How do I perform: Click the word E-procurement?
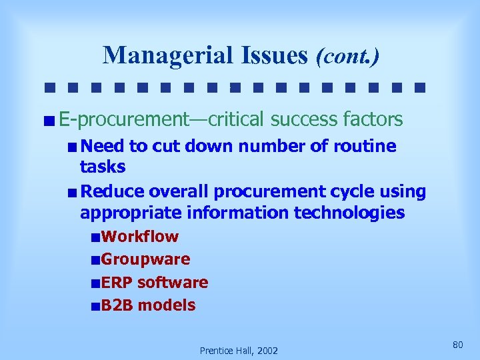click(x=124, y=120)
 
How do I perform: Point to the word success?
click(x=305, y=120)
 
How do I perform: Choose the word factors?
click(x=373, y=120)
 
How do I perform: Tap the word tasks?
click(x=103, y=166)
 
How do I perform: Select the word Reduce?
click(x=112, y=192)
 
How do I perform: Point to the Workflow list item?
click(x=140, y=237)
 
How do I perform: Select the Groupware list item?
click(x=146, y=259)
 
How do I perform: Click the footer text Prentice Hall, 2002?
click(x=239, y=351)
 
